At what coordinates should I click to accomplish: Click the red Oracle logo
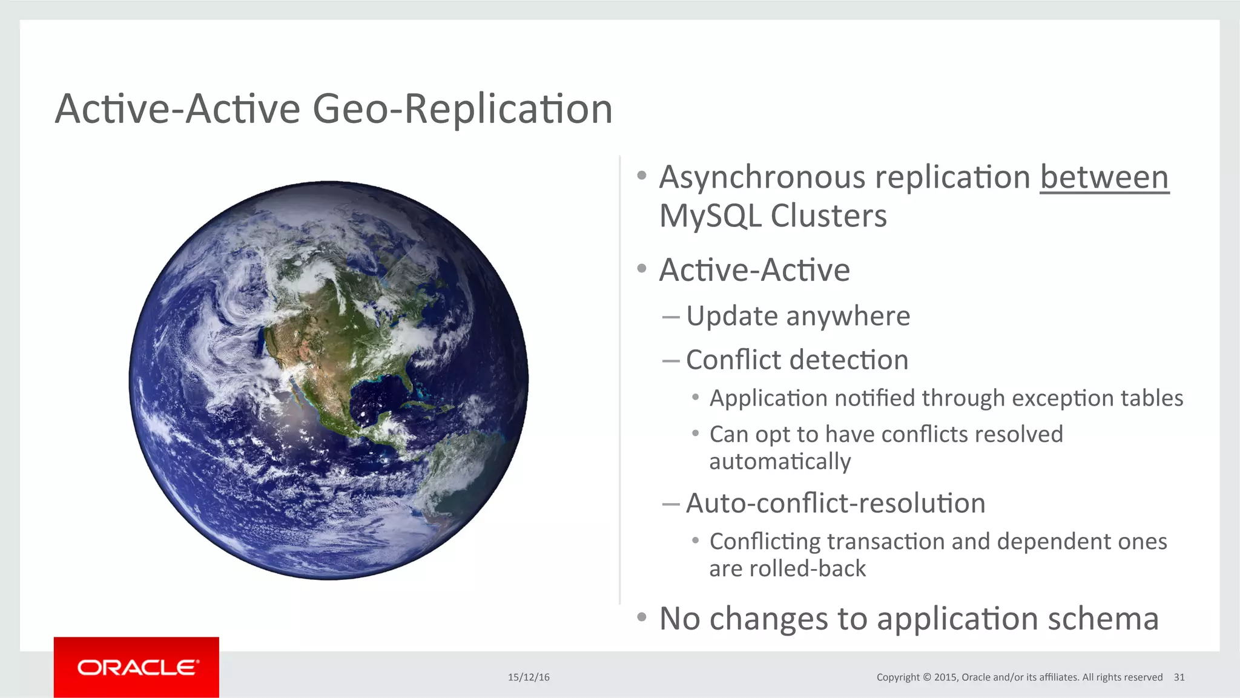pyautogui.click(x=136, y=667)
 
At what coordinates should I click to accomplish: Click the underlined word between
pyautogui.click(x=1104, y=177)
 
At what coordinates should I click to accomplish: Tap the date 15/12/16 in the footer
pyautogui.click(x=529, y=677)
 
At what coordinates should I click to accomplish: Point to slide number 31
pyautogui.click(x=1179, y=677)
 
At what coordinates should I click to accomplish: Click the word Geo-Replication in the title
pyautogui.click(x=463, y=109)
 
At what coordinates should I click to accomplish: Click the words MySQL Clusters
pyautogui.click(x=773, y=216)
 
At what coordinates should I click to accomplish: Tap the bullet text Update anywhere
pyautogui.click(x=797, y=316)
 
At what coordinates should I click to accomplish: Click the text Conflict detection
pyautogui.click(x=797, y=360)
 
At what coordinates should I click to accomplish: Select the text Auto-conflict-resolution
pyautogui.click(x=835, y=503)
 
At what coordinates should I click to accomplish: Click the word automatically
pyautogui.click(x=780, y=461)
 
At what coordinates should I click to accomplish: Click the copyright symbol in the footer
pyautogui.click(x=926, y=677)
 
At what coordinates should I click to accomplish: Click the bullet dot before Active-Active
pyautogui.click(x=642, y=268)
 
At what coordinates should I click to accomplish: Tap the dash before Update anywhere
pyautogui.click(x=670, y=317)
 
